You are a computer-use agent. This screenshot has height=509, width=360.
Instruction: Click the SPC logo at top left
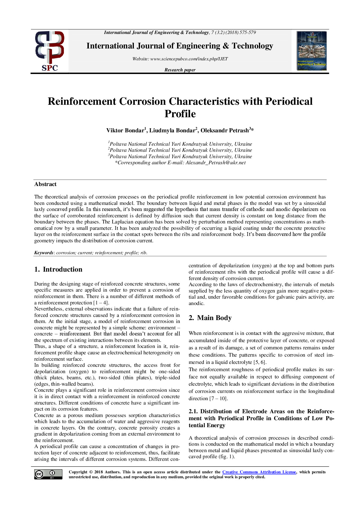[x=50, y=51]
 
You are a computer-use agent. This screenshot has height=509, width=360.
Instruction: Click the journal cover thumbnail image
[x=312, y=51]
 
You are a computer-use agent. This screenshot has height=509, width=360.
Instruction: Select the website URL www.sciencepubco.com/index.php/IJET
[x=189, y=59]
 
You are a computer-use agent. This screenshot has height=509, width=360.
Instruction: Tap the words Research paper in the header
[x=180, y=70]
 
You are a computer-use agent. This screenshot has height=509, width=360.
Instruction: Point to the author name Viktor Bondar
[x=125, y=131]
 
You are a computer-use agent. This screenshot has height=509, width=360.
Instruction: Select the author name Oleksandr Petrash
[x=225, y=131]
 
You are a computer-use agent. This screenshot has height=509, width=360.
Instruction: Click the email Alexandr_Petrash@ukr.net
[x=216, y=163]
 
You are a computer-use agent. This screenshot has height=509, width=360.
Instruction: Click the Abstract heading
[x=45, y=184]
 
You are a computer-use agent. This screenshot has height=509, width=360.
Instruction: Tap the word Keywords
[x=44, y=253]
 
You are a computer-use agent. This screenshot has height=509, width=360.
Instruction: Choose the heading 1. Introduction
[x=58, y=269]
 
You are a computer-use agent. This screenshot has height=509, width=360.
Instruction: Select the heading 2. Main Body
[x=210, y=318]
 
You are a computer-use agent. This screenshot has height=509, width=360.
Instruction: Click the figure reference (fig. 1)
[x=226, y=456]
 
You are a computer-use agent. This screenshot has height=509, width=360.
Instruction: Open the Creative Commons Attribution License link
[x=259, y=472]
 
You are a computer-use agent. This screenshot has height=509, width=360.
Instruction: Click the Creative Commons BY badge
[x=48, y=474]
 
